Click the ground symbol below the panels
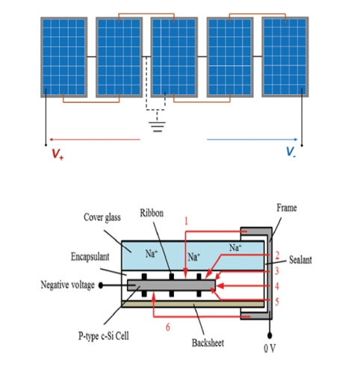tap(157, 127)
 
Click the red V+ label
tap(58, 154)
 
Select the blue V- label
tap(291, 152)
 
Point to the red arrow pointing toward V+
tap(95, 140)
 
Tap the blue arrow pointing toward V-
tap(252, 140)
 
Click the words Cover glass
tap(102, 217)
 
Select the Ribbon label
tap(152, 213)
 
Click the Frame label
tap(287, 208)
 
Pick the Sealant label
tap(300, 260)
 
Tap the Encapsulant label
tap(90, 257)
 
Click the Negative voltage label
tap(67, 285)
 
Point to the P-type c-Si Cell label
tap(104, 336)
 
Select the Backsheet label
tap(208, 343)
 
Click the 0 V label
tap(270, 348)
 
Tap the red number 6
tap(168, 327)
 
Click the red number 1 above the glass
tap(186, 221)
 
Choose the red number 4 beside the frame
tap(276, 286)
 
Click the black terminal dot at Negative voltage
tap(101, 285)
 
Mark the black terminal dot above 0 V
tap(270, 336)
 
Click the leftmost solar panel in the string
tap(64, 57)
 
